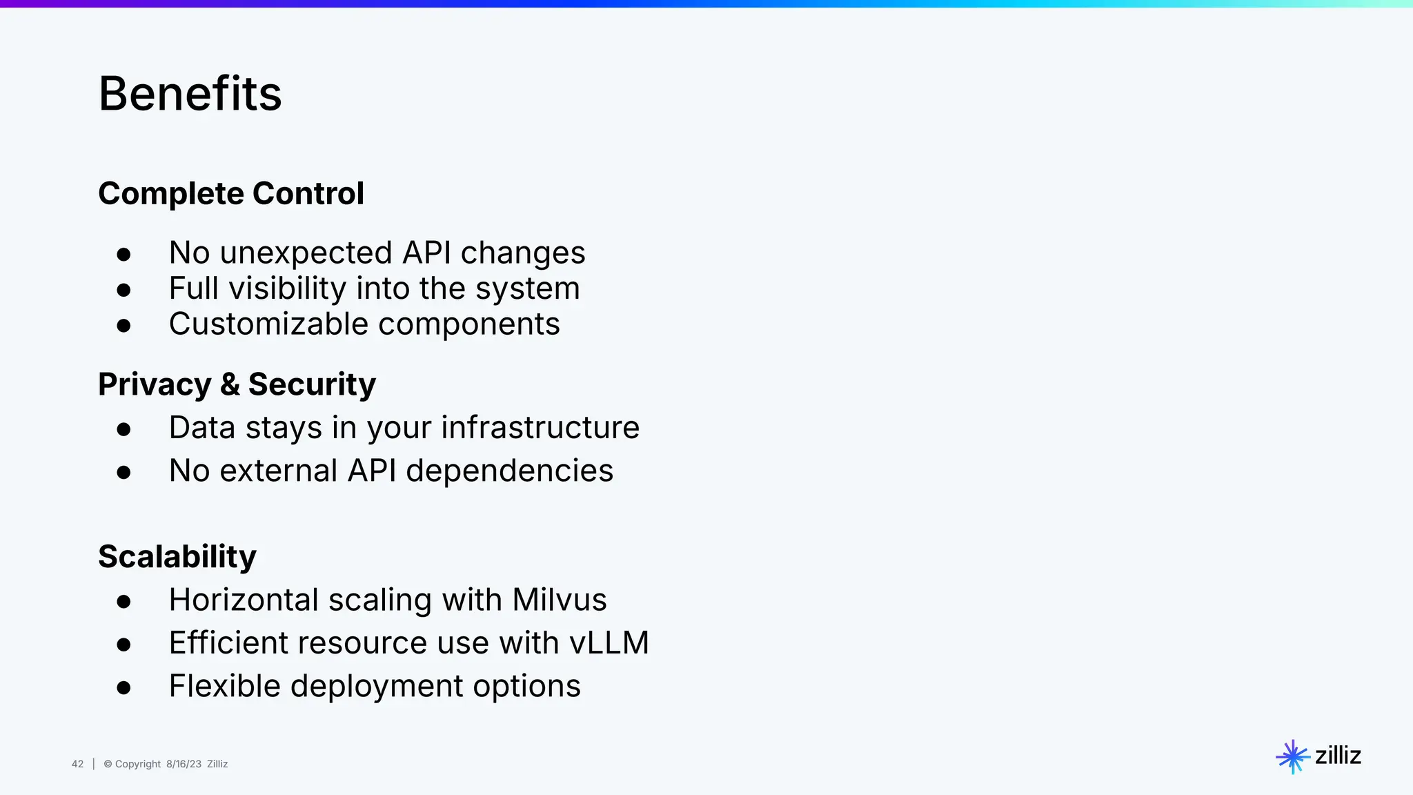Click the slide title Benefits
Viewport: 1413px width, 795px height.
(190, 94)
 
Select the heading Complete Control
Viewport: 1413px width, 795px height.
(231, 193)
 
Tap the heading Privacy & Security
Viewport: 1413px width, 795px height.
(237, 384)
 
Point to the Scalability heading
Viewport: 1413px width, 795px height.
(177, 556)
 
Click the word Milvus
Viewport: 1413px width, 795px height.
(560, 599)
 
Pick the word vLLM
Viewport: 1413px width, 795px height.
(609, 642)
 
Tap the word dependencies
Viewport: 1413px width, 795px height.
(509, 471)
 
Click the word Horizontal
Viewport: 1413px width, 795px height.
(244, 599)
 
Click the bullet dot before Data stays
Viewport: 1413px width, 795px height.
(124, 430)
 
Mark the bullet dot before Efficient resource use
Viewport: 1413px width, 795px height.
(124, 645)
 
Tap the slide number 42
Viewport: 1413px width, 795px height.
(77, 764)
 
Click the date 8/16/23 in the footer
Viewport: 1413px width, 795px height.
(184, 764)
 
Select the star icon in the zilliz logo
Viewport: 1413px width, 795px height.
(1292, 757)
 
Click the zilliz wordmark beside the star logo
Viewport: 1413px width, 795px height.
(1338, 756)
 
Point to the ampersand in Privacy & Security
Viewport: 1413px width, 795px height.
(230, 384)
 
